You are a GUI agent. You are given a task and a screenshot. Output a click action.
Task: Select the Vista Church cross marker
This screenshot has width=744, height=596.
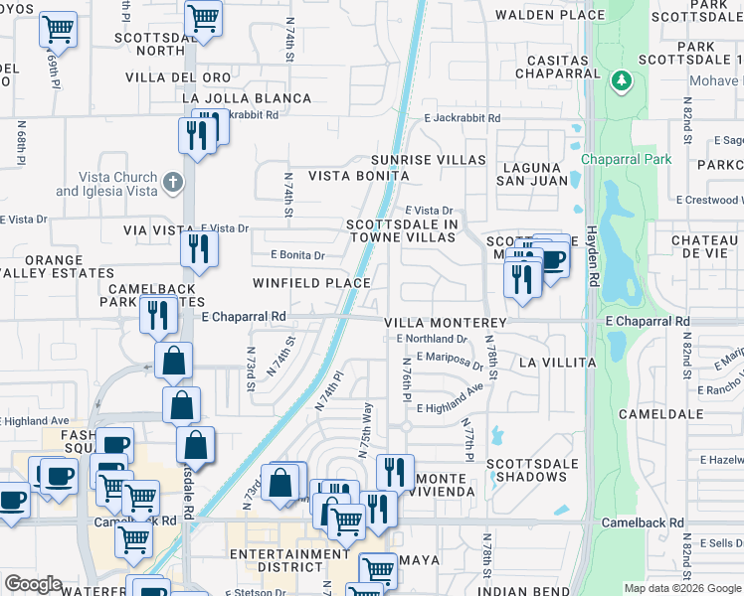(x=173, y=182)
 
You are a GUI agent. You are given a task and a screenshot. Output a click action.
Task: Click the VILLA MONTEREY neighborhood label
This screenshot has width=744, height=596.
(x=446, y=323)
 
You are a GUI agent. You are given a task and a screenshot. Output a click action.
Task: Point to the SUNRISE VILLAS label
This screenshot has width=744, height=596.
(x=429, y=160)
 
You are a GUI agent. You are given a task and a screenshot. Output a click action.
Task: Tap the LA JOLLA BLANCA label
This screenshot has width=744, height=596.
(x=248, y=98)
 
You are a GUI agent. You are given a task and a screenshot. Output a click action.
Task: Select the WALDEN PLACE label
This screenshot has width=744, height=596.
(x=550, y=15)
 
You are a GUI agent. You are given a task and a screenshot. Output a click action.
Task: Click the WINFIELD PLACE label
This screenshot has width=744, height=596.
(x=311, y=283)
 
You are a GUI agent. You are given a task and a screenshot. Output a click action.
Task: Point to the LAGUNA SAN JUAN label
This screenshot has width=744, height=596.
(x=535, y=174)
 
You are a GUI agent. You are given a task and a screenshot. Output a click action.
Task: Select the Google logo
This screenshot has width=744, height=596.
(x=34, y=584)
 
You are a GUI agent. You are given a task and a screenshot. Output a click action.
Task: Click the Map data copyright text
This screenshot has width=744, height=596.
(x=681, y=588)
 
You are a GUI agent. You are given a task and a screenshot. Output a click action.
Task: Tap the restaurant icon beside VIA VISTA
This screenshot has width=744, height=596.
(x=200, y=247)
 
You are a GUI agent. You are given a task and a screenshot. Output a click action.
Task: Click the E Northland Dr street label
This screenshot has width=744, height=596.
(x=432, y=339)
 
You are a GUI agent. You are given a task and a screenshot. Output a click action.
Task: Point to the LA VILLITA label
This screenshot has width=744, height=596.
(x=557, y=364)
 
